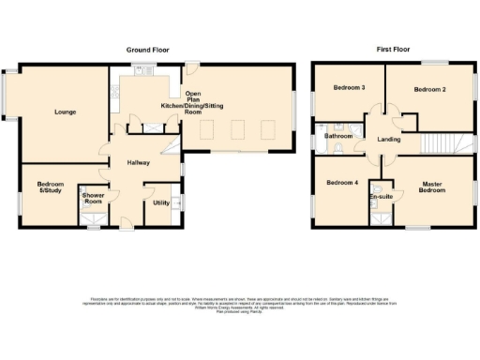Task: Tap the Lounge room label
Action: click(x=65, y=112)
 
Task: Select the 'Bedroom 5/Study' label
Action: click(x=49, y=187)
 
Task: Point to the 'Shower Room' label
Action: click(x=93, y=199)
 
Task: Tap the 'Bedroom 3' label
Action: click(x=349, y=88)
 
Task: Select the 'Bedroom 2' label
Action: click(x=429, y=89)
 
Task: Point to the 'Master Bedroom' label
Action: click(x=432, y=187)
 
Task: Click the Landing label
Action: click(x=389, y=141)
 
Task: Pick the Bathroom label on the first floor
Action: click(x=337, y=137)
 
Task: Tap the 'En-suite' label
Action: click(x=381, y=198)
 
